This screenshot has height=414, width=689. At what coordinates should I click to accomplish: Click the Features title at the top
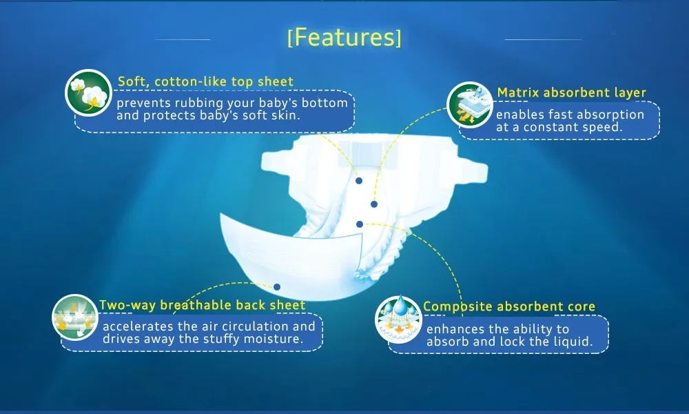click(344, 37)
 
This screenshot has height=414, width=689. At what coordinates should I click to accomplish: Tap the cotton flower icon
click(89, 93)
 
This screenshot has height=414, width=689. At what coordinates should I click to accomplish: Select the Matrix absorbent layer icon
click(470, 105)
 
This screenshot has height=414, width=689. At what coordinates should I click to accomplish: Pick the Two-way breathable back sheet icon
click(75, 317)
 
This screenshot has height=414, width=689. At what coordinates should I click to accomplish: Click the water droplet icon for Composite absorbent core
click(398, 319)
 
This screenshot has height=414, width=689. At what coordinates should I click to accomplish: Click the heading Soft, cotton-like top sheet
click(205, 81)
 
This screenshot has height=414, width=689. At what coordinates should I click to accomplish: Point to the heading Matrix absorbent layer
click(572, 92)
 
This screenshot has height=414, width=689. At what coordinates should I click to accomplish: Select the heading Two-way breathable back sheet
click(202, 305)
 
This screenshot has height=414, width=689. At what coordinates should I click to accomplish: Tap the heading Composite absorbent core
click(509, 306)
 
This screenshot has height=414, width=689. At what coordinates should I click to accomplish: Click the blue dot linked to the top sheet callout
click(359, 181)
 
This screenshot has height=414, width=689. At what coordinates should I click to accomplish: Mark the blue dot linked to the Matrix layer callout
click(374, 204)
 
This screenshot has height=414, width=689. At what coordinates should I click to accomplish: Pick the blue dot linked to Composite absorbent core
click(360, 224)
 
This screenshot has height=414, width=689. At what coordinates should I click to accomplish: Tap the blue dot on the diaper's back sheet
click(277, 287)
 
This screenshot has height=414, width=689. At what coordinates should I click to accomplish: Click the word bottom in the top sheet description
click(325, 103)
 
